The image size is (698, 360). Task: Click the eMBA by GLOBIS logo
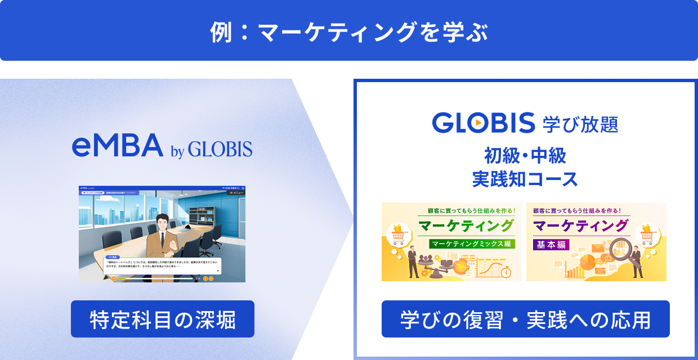[x=162, y=147]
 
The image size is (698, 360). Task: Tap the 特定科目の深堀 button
[x=162, y=319]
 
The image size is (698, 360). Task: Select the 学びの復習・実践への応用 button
[x=525, y=319]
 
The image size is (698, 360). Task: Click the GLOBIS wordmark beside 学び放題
[x=483, y=123]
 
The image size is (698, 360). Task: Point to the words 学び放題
[x=580, y=123]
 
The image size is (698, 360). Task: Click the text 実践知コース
[x=525, y=179]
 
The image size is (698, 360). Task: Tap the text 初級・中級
[x=525, y=155]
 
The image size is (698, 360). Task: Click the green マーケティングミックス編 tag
[x=471, y=244]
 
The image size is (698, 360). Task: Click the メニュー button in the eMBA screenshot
[x=235, y=192]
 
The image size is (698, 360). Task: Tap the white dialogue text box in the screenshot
[x=162, y=265]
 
